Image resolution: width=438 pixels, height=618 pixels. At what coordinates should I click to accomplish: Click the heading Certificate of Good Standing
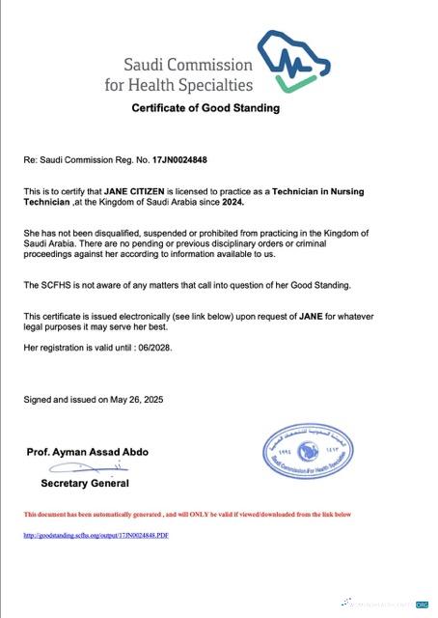pos(205,108)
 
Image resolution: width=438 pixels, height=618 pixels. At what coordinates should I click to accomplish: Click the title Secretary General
pos(85,483)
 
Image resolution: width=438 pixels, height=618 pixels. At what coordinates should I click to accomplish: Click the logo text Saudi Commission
pos(187,66)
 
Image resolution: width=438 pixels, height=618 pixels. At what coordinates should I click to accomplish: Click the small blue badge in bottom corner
pos(421,604)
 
